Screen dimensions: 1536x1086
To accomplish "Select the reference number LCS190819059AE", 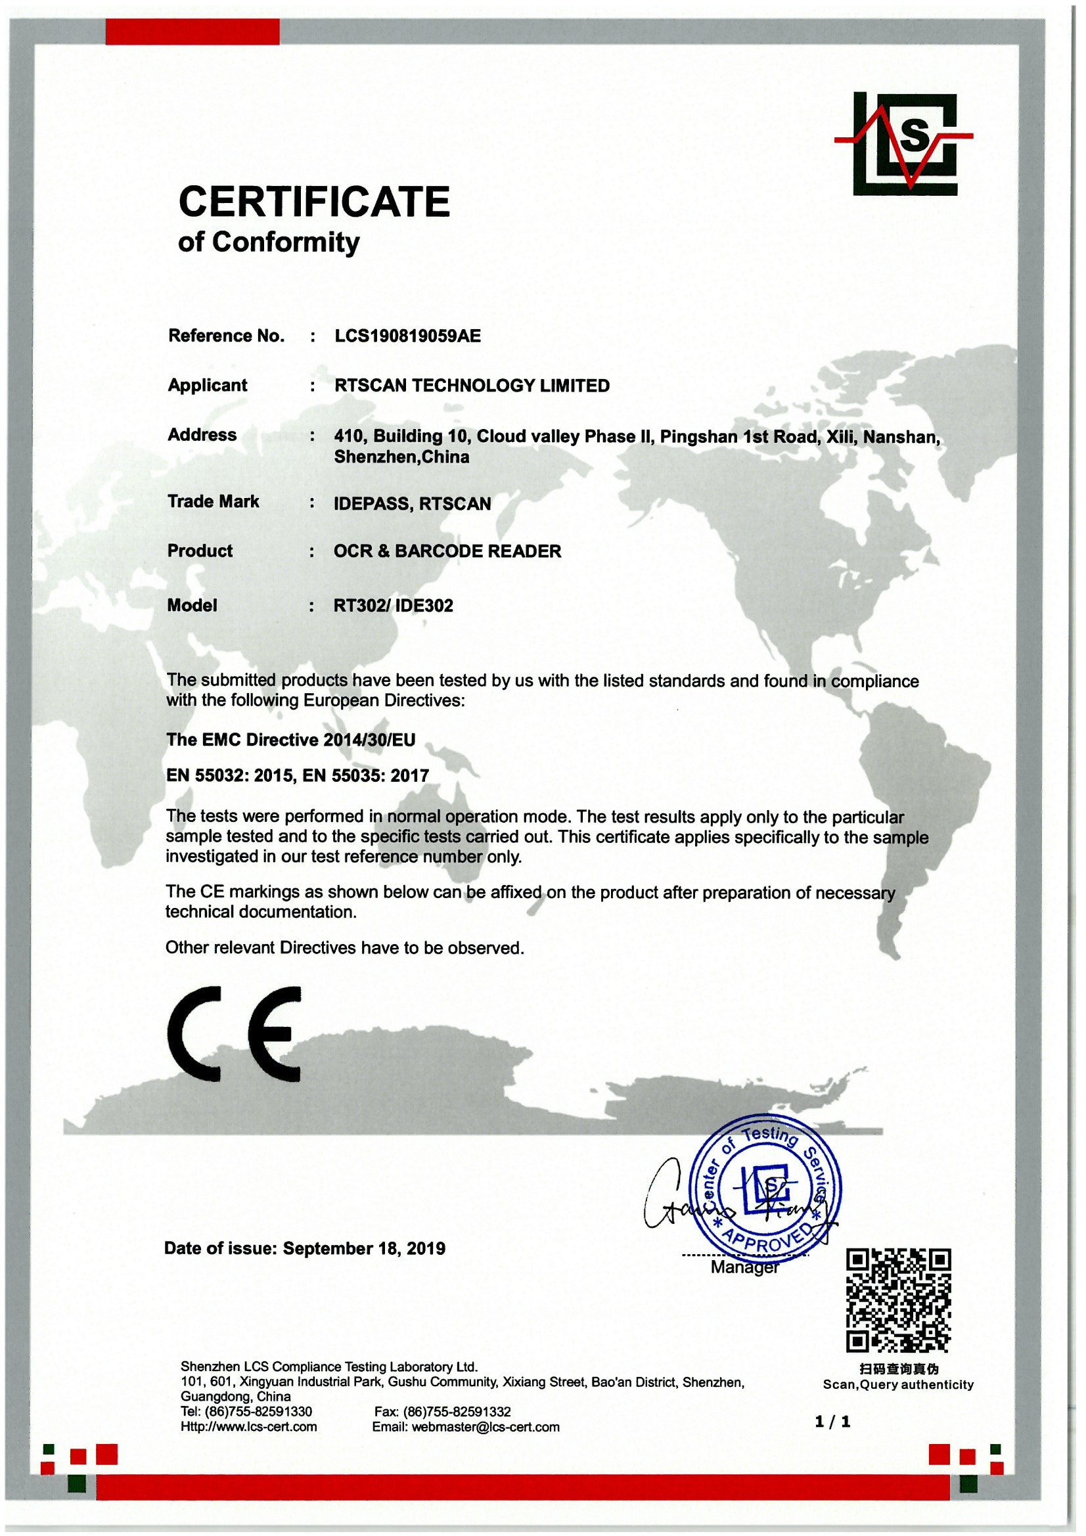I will (407, 336).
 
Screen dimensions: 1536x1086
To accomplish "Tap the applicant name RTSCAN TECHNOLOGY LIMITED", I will (472, 386).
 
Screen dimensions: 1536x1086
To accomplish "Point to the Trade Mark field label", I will (213, 502).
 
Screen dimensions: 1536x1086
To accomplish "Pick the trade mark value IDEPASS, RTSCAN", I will (412, 504).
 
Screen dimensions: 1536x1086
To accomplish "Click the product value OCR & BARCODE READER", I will (447, 551).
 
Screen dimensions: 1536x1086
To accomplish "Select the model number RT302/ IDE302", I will (394, 606).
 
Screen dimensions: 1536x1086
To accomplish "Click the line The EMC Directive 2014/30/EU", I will (290, 739).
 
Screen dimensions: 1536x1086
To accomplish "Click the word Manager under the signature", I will (744, 1268).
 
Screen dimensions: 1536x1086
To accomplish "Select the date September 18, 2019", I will (364, 1248).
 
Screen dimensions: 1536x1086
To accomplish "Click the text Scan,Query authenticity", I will (898, 1384).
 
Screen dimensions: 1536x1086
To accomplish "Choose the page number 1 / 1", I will (832, 1422).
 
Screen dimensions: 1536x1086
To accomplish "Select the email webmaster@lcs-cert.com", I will (485, 1427).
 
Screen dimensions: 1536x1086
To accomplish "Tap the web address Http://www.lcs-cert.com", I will (248, 1427).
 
